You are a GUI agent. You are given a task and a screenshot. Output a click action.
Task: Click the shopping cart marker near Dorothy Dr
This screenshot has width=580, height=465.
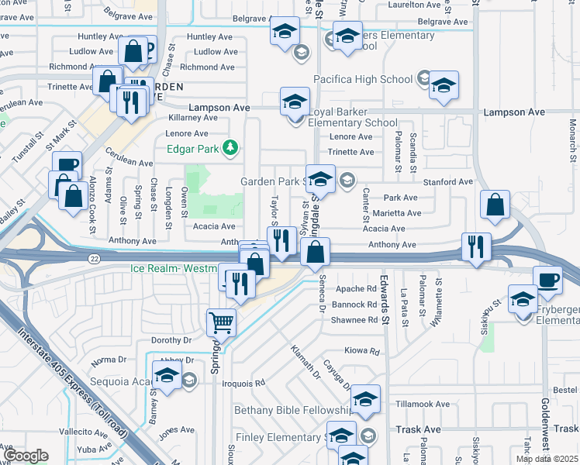[222, 322]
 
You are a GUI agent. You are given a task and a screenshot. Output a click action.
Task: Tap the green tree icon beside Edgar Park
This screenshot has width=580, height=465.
[230, 147]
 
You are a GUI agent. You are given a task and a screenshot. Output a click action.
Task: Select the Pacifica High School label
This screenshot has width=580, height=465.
[363, 79]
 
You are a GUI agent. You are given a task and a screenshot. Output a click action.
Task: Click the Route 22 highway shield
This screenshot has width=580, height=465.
[94, 258]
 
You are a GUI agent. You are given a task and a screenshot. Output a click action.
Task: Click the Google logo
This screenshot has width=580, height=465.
[26, 456]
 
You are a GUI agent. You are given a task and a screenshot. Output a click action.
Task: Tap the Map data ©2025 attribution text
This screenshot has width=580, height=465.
[547, 459]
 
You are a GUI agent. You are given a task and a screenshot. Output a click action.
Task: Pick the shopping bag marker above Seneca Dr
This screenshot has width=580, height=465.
[316, 252]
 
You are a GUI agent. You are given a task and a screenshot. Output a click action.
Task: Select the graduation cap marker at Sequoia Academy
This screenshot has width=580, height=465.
[166, 377]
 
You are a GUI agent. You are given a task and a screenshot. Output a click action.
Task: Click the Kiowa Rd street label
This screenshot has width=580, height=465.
[362, 351]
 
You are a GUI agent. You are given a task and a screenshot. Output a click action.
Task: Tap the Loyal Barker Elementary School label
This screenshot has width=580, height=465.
[353, 116]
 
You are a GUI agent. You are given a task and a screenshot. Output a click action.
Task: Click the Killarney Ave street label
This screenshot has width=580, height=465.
[193, 118]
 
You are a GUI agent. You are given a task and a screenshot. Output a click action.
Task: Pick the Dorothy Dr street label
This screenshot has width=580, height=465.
[171, 339]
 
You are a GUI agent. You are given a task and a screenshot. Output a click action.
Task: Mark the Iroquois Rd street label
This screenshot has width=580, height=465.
[243, 382]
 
